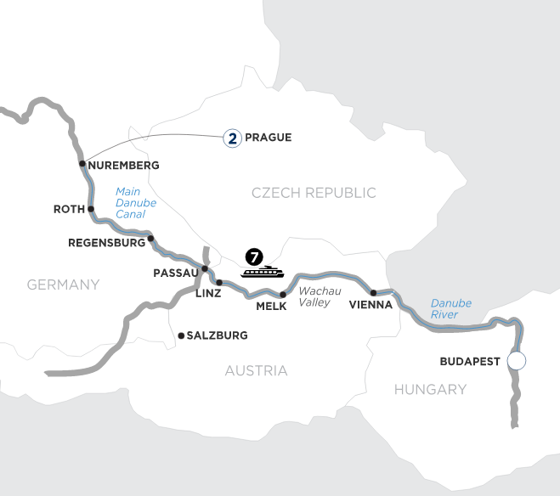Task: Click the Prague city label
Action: coord(268,137)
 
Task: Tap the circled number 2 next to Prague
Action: coord(230,137)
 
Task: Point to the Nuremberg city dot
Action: coord(82,164)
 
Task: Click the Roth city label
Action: coord(67,207)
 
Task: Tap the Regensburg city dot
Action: coord(150,239)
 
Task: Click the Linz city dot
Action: coord(218,282)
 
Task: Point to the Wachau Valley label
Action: coord(320,296)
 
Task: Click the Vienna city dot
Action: coord(373,292)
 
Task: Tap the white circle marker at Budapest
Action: coord(515,361)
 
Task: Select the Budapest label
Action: coord(471,361)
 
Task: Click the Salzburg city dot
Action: coord(180,336)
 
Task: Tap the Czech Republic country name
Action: coord(314,194)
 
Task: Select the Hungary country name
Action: coord(430,390)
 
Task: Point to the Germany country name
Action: coord(64,285)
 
